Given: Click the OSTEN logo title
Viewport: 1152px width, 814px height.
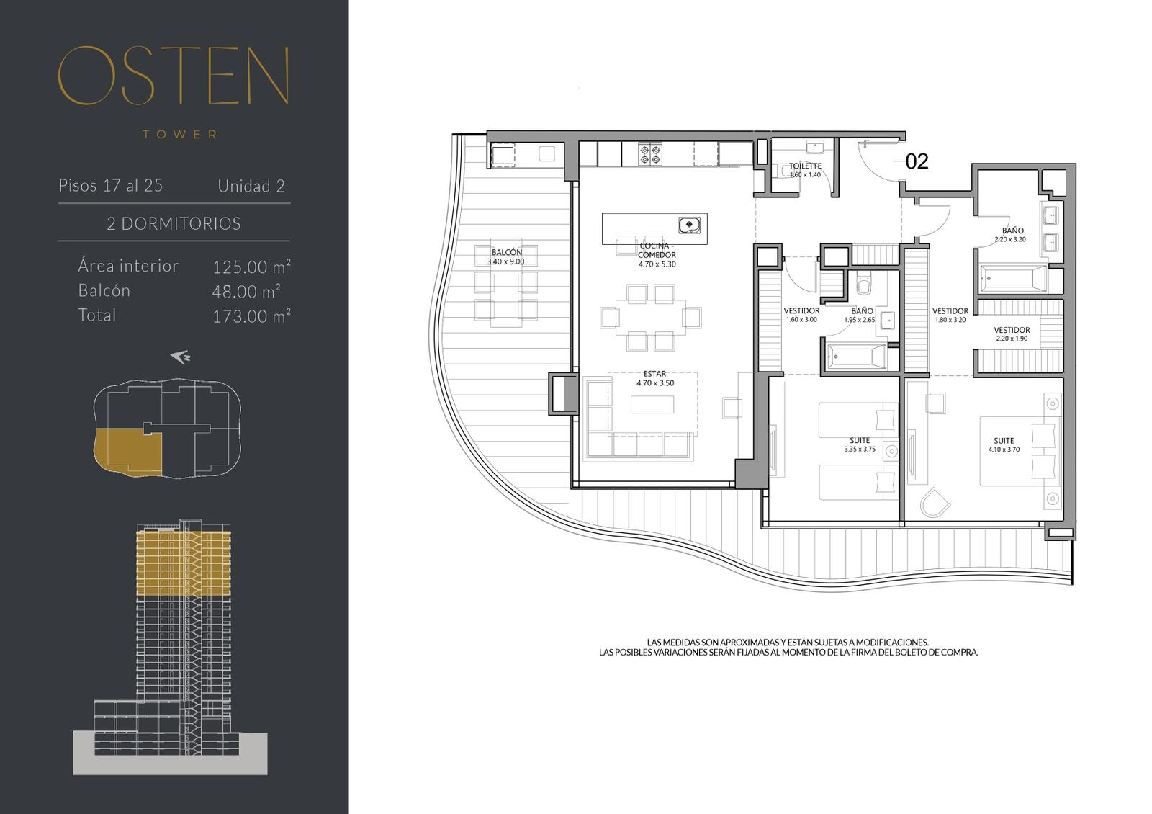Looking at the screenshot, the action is coord(174,76).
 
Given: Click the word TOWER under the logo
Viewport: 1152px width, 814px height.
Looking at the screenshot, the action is coord(180,134).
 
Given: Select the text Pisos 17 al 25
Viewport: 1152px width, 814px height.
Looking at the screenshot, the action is coord(111,185).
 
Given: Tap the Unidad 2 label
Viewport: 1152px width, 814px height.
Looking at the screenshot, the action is coord(251,186).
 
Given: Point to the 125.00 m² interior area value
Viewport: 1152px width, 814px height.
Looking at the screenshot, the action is coord(251,267).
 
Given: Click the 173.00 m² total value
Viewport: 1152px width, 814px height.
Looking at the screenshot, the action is coord(251,316).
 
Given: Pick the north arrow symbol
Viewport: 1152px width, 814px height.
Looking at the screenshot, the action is coord(181,357).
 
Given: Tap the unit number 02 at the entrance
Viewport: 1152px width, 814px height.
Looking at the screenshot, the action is coord(917,161).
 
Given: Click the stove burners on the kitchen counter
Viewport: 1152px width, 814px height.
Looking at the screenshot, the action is coord(650,154).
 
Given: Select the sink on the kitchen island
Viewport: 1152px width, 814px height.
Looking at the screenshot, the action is coord(688,225).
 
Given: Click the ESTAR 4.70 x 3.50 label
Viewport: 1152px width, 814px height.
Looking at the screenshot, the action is coord(654,378).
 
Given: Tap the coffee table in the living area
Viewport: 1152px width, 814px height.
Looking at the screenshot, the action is coord(652,404).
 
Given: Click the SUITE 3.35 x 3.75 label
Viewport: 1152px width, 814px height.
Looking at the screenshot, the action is coord(860,444).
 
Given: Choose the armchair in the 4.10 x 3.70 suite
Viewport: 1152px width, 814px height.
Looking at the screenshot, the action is coord(935,502).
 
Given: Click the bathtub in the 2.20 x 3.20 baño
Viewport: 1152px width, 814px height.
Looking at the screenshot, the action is coord(1014,278).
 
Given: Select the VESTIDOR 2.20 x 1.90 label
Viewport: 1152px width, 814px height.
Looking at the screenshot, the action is coord(1012,334).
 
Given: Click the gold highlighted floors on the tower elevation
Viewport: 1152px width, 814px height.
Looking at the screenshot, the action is coord(183,563).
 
